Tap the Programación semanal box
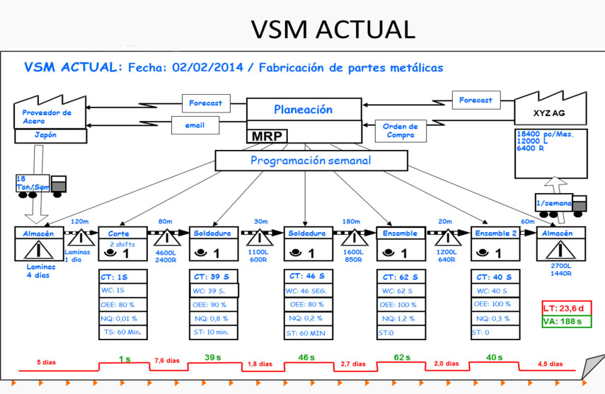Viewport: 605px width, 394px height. pyautogui.click(x=311, y=161)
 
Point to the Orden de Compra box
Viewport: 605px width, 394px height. pyautogui.click(x=400, y=131)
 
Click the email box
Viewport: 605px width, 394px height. pyautogui.click(x=195, y=125)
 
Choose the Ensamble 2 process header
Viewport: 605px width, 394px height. pyautogui.click(x=492, y=233)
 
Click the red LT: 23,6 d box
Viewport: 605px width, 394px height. pyautogui.click(x=565, y=308)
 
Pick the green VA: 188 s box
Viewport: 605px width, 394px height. pyautogui.click(x=565, y=322)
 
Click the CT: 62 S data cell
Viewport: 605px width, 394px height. pyautogui.click(x=401, y=277)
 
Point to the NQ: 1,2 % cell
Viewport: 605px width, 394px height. pyautogui.click(x=401, y=318)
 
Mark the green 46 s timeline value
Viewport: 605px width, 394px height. pyautogui.click(x=306, y=358)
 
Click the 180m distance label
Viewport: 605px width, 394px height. pyautogui.click(x=352, y=221)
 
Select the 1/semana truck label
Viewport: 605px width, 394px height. pyautogui.click(x=554, y=203)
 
